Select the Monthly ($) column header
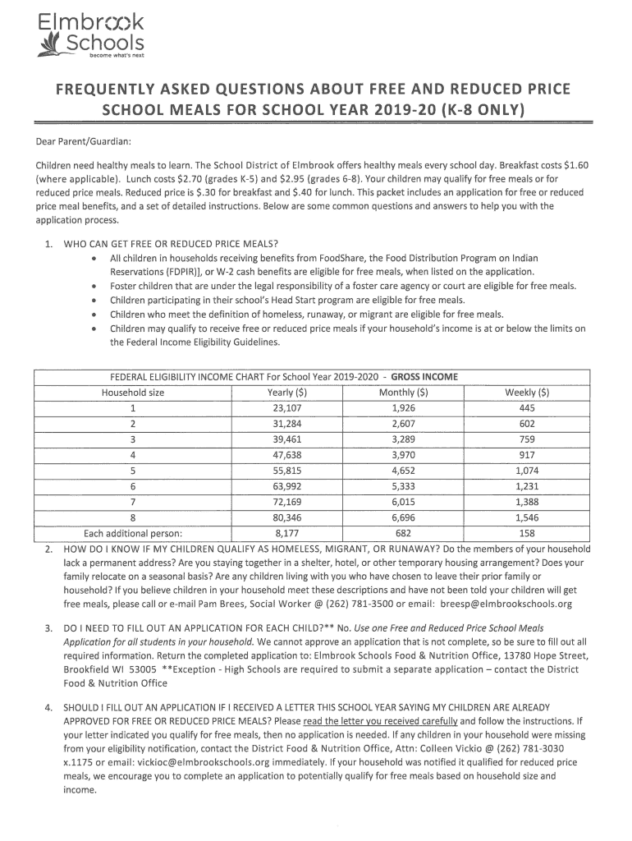point(403,393)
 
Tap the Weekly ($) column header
point(527,393)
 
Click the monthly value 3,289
point(403,439)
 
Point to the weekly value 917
point(527,455)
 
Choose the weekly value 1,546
point(527,517)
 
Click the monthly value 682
point(403,532)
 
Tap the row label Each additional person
point(133,532)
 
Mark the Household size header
point(133,393)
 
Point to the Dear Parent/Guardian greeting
point(84,143)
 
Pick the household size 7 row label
point(133,502)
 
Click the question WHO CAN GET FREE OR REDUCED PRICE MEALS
point(171,243)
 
